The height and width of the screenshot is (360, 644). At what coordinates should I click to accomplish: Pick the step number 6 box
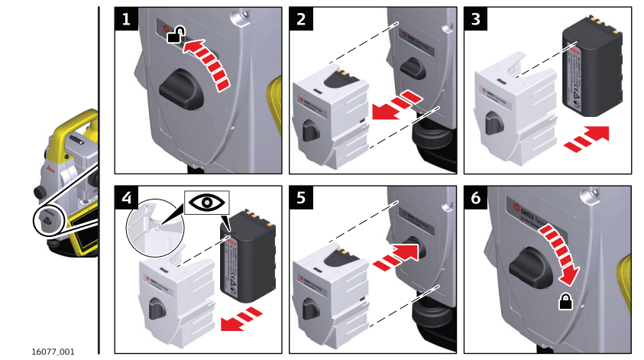tap(476, 198)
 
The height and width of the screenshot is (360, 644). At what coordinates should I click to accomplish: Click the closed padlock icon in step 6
tap(565, 302)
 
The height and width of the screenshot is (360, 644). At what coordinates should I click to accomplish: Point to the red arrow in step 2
tap(397, 105)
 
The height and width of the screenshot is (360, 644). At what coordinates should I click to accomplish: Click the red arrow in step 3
tap(584, 138)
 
